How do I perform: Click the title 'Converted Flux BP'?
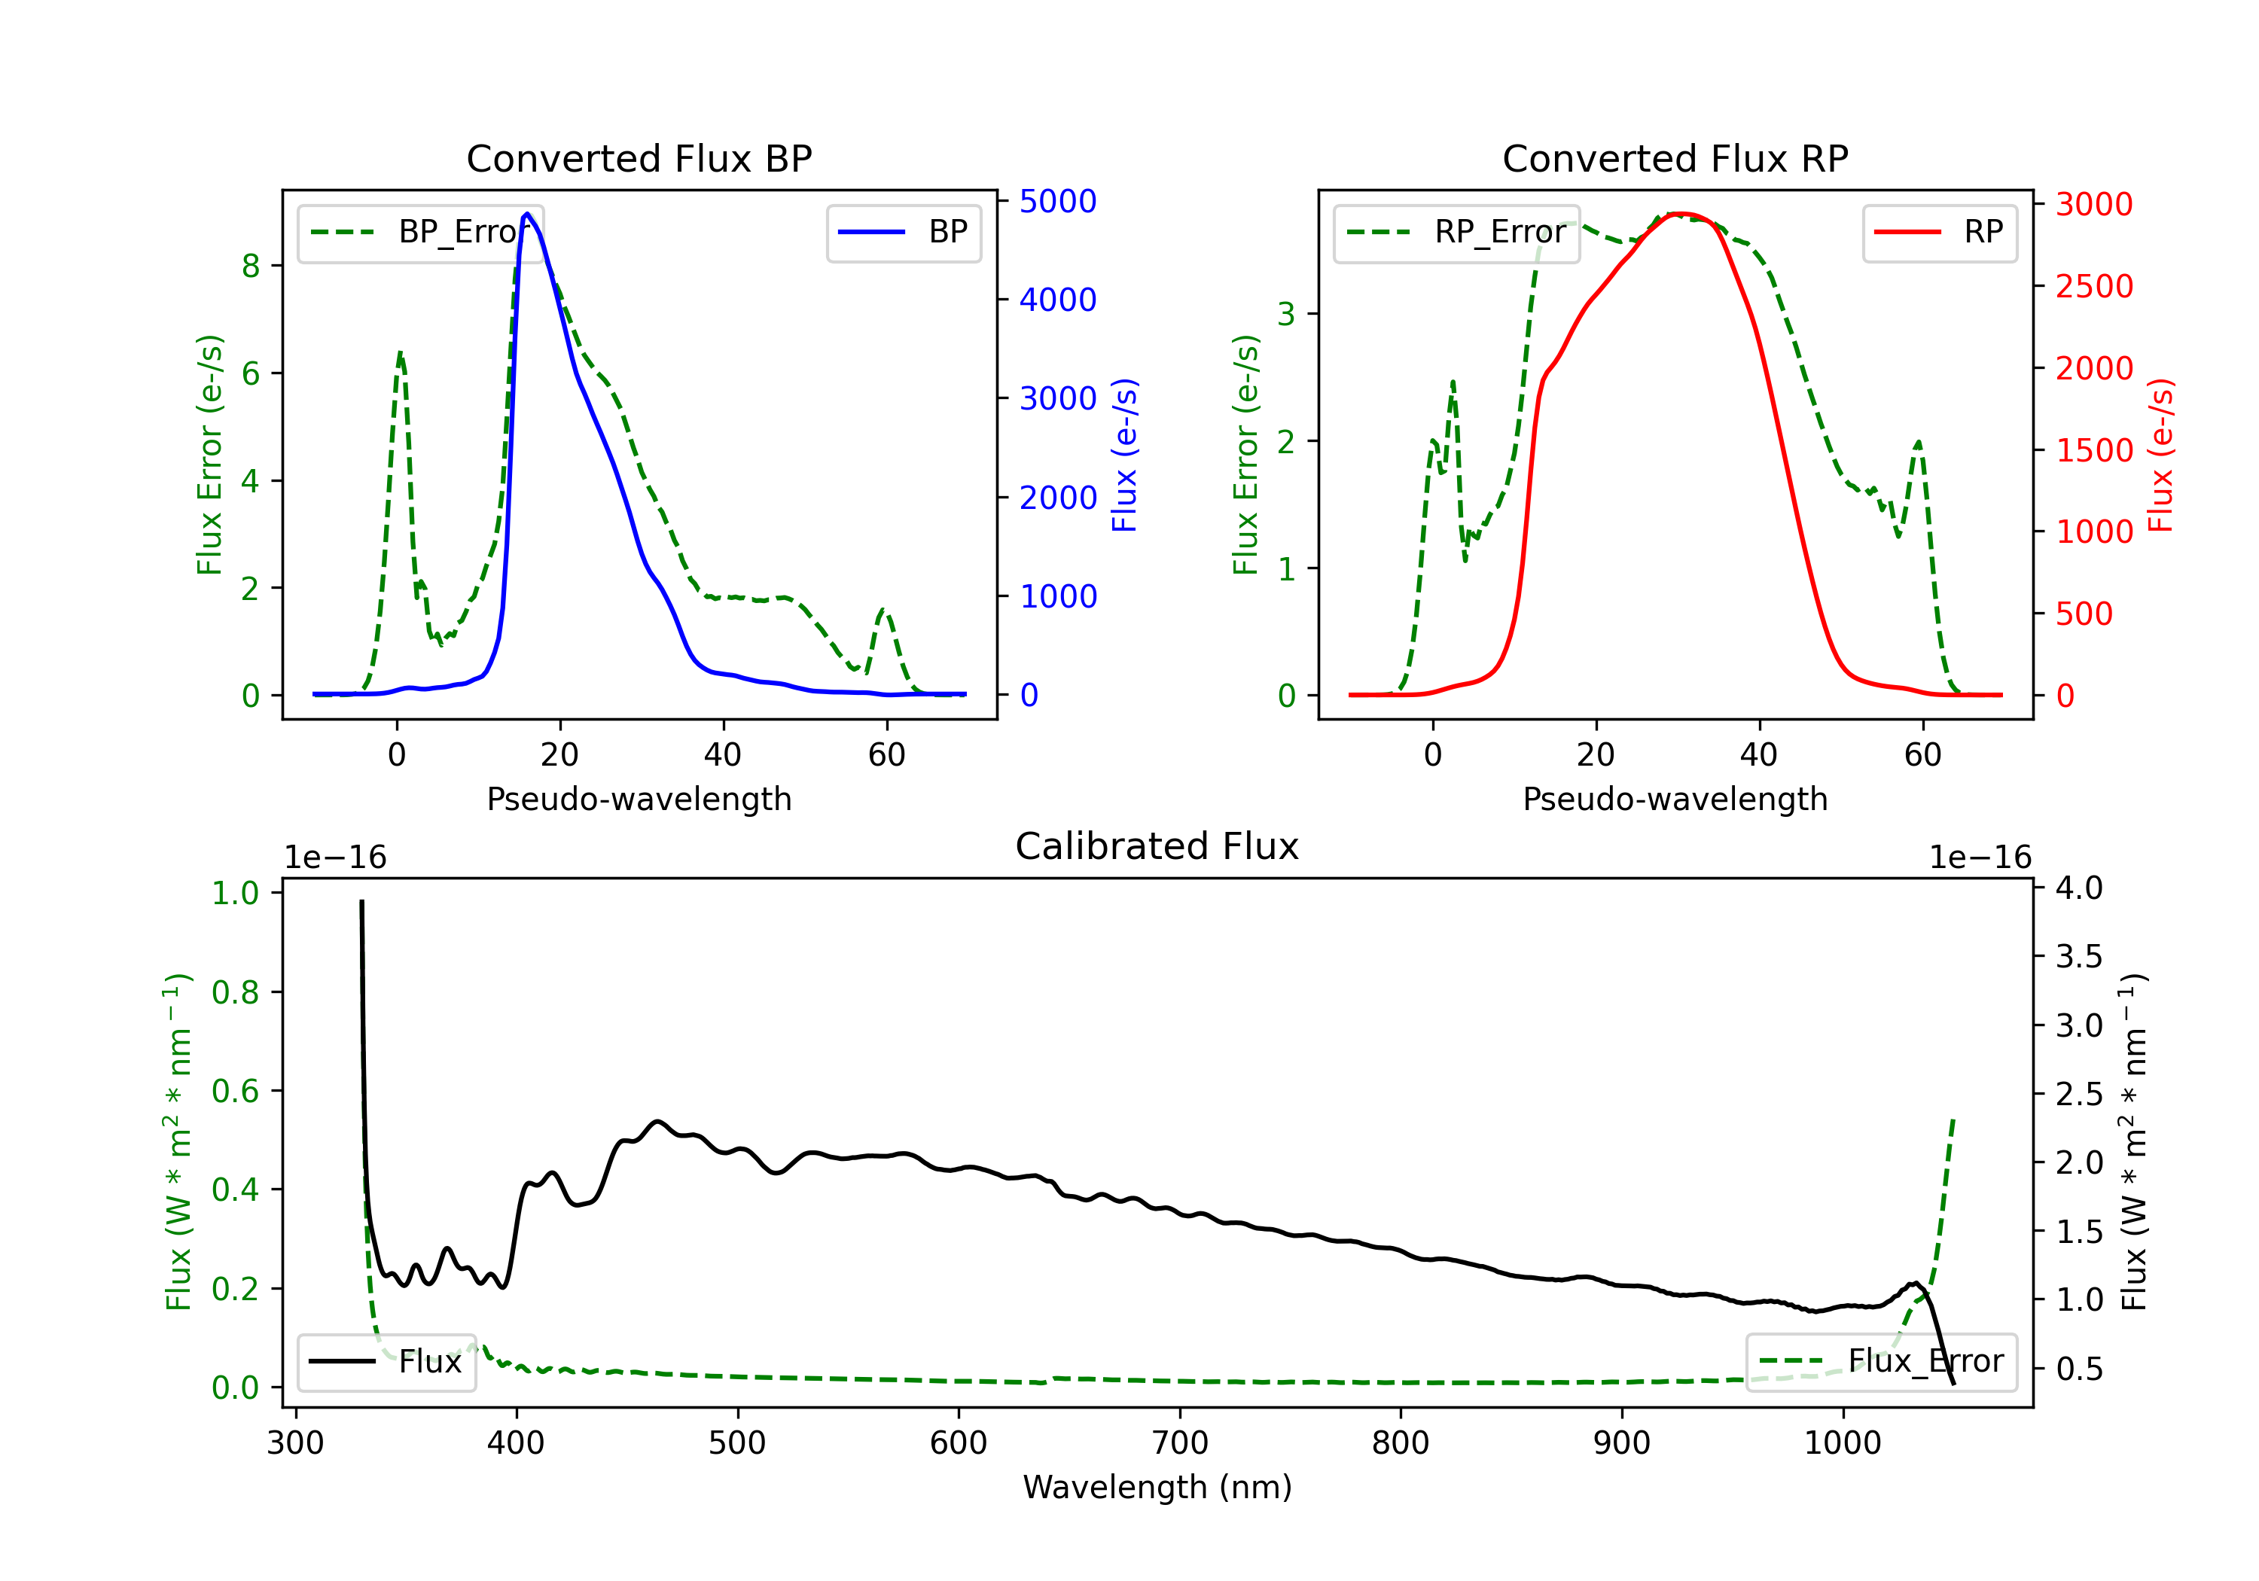639,158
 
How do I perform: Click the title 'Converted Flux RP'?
1675,158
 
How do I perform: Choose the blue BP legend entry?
903,232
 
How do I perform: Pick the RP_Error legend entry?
1456,232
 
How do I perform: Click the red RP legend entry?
1939,232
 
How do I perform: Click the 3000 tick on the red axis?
2093,205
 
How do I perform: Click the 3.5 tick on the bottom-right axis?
2078,956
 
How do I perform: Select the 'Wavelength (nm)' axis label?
1157,1487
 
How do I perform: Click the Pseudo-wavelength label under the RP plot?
1675,799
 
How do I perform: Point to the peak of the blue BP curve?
527,214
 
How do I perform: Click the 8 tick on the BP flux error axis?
251,266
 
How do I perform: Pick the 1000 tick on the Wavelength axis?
1842,1443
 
